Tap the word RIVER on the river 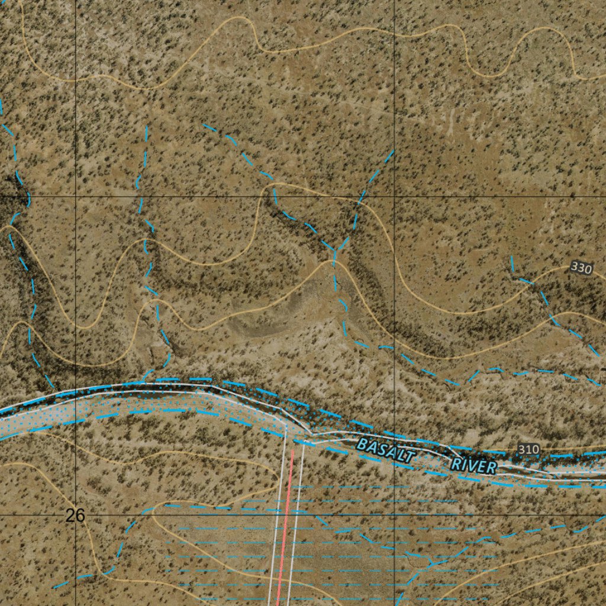click(474, 465)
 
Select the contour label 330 click(581, 268)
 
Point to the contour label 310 click(528, 449)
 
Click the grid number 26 click(75, 515)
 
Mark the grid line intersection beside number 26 click(76, 515)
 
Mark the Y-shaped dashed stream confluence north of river click(335, 251)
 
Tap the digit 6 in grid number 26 click(80, 515)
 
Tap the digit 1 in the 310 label click(528, 449)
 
